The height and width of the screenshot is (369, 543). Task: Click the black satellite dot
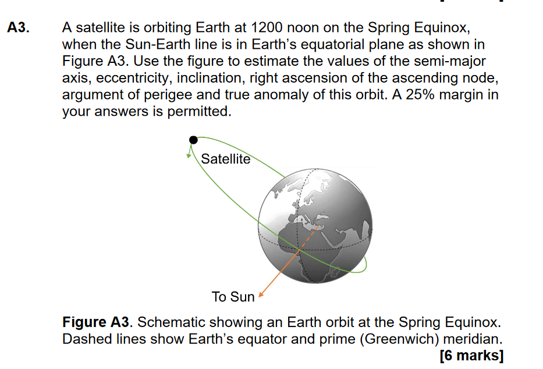pos(193,140)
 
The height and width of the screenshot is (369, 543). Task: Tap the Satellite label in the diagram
pos(225,159)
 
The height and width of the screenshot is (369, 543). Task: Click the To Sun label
pos(233,297)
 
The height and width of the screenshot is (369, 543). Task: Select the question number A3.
pos(19,27)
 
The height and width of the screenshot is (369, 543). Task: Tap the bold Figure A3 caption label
pos(97,322)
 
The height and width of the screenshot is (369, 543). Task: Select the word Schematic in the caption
pos(168,322)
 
